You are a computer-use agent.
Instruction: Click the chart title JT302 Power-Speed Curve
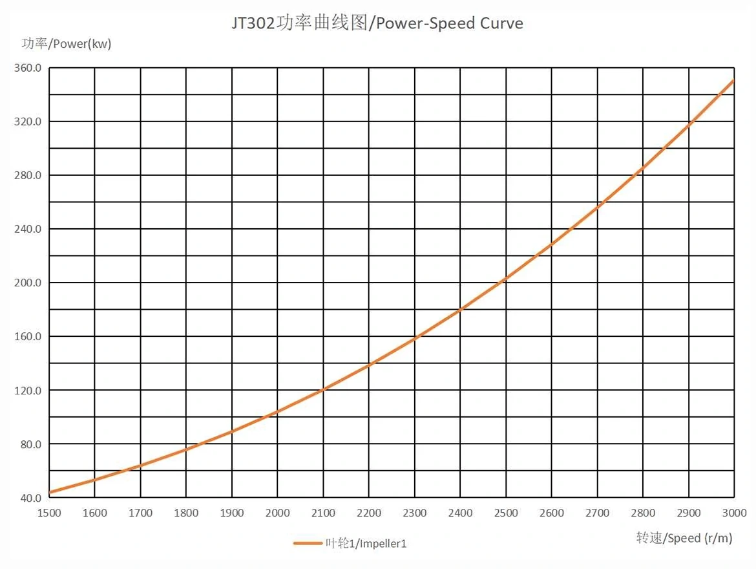(x=377, y=24)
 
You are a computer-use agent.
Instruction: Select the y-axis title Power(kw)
(x=67, y=44)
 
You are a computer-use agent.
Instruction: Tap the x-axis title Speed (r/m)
(x=684, y=538)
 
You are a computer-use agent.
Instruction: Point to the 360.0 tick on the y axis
(x=27, y=68)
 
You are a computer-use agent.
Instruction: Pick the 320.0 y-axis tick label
(x=27, y=122)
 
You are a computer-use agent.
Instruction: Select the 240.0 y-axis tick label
(x=27, y=229)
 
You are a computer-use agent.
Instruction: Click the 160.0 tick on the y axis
(x=27, y=336)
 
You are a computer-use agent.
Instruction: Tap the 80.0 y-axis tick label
(x=29, y=444)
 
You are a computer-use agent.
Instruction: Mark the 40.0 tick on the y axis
(x=29, y=498)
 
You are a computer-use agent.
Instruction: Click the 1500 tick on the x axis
(x=49, y=513)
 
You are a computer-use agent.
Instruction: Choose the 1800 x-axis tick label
(x=186, y=513)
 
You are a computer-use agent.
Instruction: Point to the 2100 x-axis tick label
(x=323, y=513)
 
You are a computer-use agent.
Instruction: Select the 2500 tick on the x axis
(x=506, y=513)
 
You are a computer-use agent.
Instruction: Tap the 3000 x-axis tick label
(x=734, y=513)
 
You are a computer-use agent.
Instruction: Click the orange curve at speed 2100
(x=323, y=389)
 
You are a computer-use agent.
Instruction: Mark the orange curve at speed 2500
(x=506, y=279)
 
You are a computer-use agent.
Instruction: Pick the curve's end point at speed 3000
(x=733, y=81)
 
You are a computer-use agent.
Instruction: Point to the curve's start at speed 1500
(x=50, y=492)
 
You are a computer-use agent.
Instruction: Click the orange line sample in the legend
(x=308, y=543)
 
